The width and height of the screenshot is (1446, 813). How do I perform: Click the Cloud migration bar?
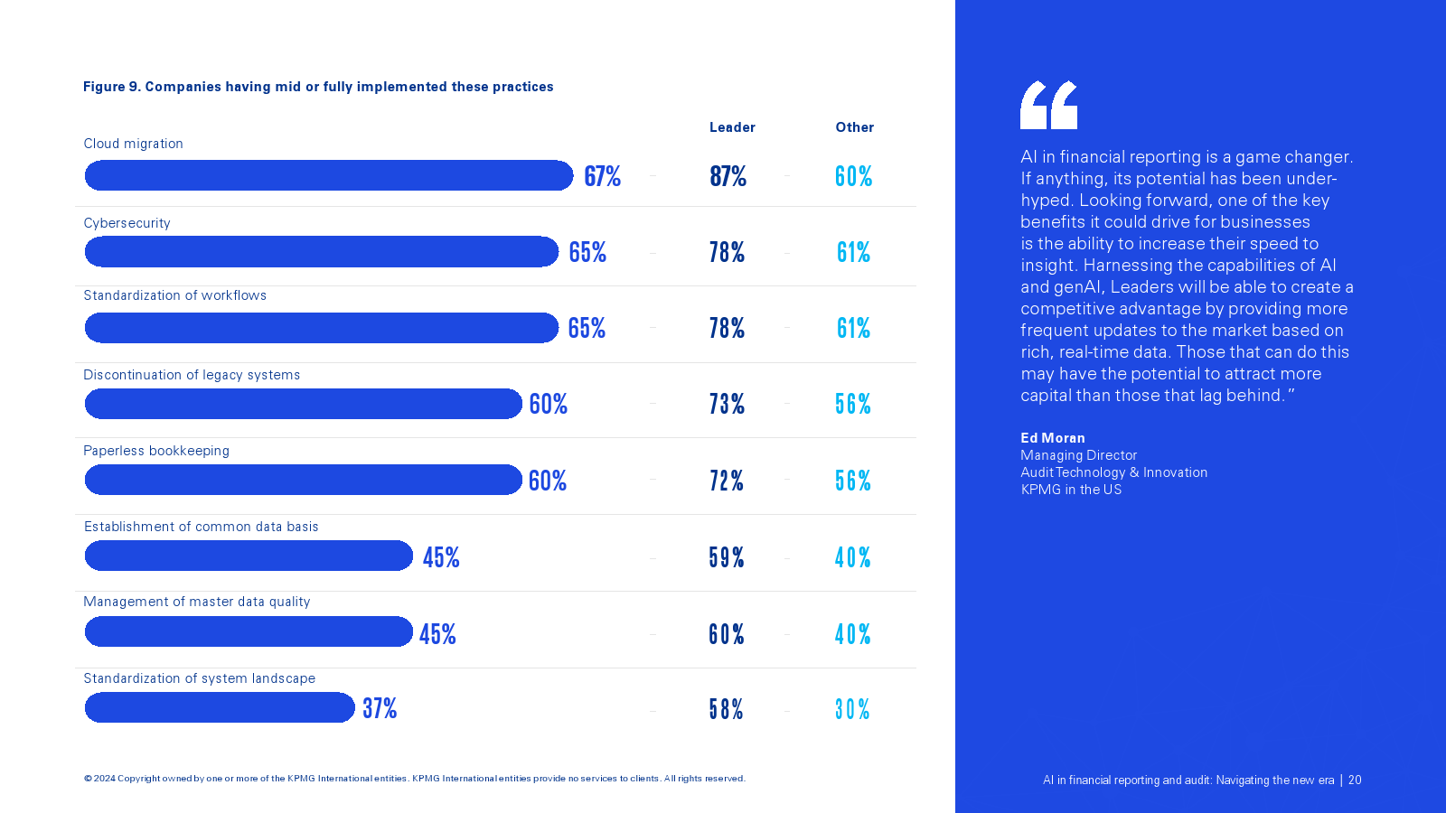(329, 175)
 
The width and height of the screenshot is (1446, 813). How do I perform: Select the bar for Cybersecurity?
(322, 252)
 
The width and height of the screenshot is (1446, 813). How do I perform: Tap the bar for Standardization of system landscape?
(220, 707)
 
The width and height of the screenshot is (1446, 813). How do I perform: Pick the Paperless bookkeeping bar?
(304, 480)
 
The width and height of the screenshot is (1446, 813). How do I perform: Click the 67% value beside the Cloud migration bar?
(602, 176)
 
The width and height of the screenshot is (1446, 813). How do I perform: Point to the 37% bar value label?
(380, 708)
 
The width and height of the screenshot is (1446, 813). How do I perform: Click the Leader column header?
(732, 127)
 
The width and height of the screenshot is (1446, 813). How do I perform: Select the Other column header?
(854, 127)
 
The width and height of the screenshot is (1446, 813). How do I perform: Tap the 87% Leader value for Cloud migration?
(728, 176)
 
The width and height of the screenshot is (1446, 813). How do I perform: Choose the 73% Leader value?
(727, 404)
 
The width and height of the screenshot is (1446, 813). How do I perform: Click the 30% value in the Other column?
(852, 709)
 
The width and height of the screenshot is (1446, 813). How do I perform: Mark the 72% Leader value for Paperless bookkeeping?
(727, 481)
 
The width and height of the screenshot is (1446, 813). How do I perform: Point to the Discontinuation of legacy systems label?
(192, 375)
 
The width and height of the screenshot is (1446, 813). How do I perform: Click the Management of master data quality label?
(197, 602)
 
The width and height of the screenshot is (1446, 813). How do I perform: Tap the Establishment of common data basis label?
(202, 527)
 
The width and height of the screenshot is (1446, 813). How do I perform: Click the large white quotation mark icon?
(1048, 105)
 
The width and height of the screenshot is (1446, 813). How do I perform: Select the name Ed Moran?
(1053, 438)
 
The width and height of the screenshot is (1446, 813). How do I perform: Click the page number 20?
(1355, 780)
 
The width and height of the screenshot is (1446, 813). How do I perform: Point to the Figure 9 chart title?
(318, 87)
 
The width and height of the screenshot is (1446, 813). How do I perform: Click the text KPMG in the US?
(1071, 490)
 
